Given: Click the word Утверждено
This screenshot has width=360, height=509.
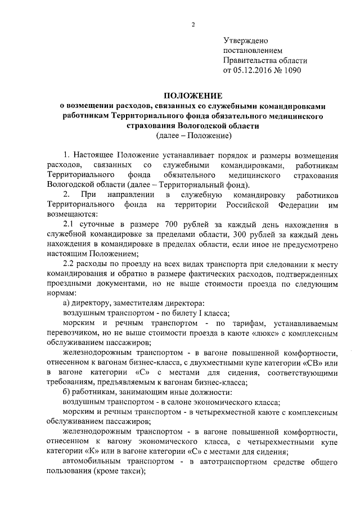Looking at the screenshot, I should point(246,40).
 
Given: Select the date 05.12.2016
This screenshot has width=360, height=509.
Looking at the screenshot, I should point(252,71).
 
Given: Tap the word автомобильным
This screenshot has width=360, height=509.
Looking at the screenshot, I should point(90,463).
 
